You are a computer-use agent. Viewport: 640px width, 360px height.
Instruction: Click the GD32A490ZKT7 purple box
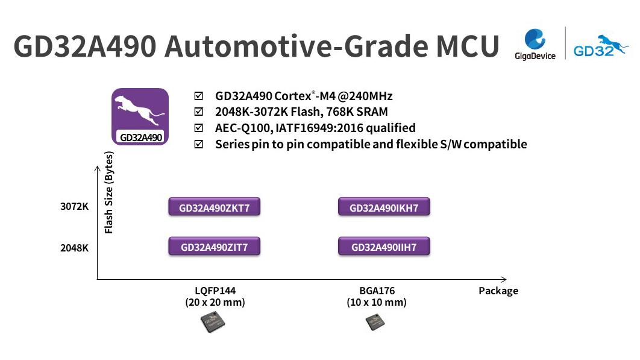click(214, 208)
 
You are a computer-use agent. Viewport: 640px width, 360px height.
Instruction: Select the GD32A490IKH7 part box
click(384, 208)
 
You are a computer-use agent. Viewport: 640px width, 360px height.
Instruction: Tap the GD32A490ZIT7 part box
click(214, 247)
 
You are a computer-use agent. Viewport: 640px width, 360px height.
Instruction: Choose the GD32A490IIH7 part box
click(384, 247)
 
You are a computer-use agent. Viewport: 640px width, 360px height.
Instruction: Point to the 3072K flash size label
click(75, 207)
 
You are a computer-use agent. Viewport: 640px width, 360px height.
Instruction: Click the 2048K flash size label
click(75, 247)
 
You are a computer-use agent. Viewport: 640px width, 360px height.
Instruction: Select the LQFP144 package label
click(215, 290)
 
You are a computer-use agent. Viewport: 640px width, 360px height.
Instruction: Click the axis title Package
click(498, 291)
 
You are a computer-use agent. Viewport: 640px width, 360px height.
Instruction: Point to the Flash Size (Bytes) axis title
click(109, 192)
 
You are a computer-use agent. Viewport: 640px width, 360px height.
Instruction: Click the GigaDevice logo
click(535, 44)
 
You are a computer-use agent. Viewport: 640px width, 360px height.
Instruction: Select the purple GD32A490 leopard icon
click(140, 116)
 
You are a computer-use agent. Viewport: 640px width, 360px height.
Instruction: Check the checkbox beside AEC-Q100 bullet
click(199, 128)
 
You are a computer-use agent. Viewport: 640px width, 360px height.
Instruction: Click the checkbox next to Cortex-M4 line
click(199, 96)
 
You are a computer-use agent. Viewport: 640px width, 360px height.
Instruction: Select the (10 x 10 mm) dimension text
click(377, 302)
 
